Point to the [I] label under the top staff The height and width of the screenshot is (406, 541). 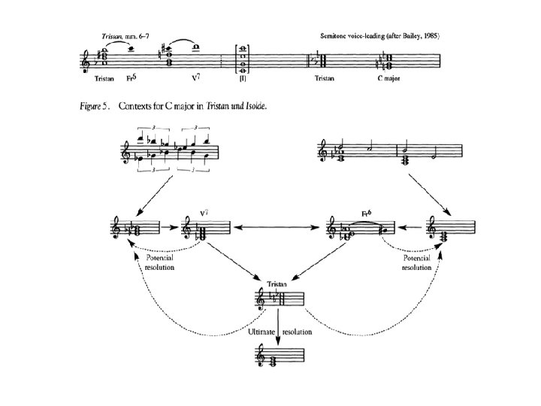(x=241, y=77)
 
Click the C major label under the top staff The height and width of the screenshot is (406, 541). (x=391, y=77)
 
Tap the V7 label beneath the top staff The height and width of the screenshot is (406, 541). (x=197, y=77)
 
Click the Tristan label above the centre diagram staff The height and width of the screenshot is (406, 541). (x=278, y=285)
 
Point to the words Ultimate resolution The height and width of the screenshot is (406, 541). (x=278, y=331)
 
